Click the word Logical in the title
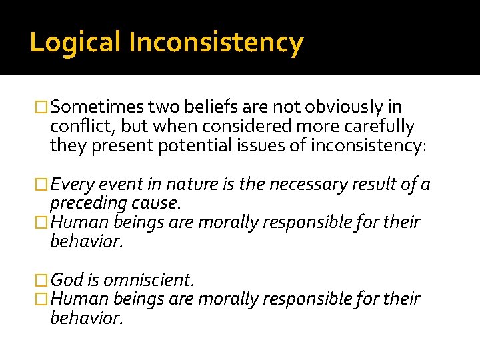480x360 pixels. point(75,43)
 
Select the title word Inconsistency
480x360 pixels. point(216,43)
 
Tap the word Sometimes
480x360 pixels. point(97,107)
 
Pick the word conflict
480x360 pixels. point(77,126)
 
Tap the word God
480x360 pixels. point(65,279)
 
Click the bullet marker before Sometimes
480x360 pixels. point(42,107)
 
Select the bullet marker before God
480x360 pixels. point(42,279)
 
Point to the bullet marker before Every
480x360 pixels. point(42,185)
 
